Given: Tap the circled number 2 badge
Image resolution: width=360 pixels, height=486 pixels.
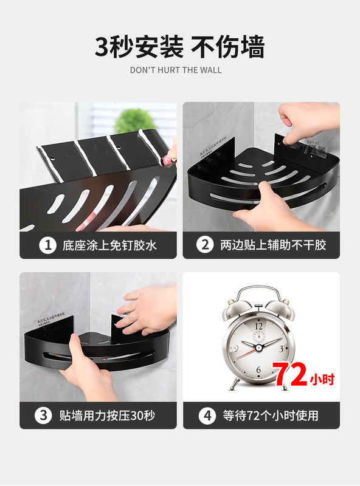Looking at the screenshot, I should pos(205,246).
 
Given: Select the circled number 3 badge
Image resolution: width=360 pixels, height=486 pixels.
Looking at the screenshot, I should pos(43,416).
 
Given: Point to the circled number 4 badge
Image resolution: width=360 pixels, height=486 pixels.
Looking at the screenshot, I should pos(207,416).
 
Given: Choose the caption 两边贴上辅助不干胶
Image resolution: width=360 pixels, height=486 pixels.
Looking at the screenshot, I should pos(273,246).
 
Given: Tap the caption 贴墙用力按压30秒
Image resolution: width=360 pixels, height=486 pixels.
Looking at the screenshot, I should pos(107,416).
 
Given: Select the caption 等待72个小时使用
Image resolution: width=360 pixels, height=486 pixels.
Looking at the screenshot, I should pos(270,416).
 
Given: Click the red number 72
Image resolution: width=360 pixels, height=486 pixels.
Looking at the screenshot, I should pos(291,376).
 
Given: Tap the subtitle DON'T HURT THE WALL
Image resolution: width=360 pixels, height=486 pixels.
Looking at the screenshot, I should pos(176,70).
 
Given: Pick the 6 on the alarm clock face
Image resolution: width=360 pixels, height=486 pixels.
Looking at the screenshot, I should pos(258,369).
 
